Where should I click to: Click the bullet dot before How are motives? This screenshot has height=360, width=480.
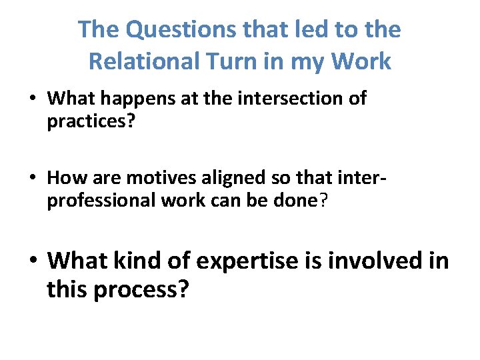[33, 179]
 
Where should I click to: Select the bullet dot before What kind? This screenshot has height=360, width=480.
[33, 261]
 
